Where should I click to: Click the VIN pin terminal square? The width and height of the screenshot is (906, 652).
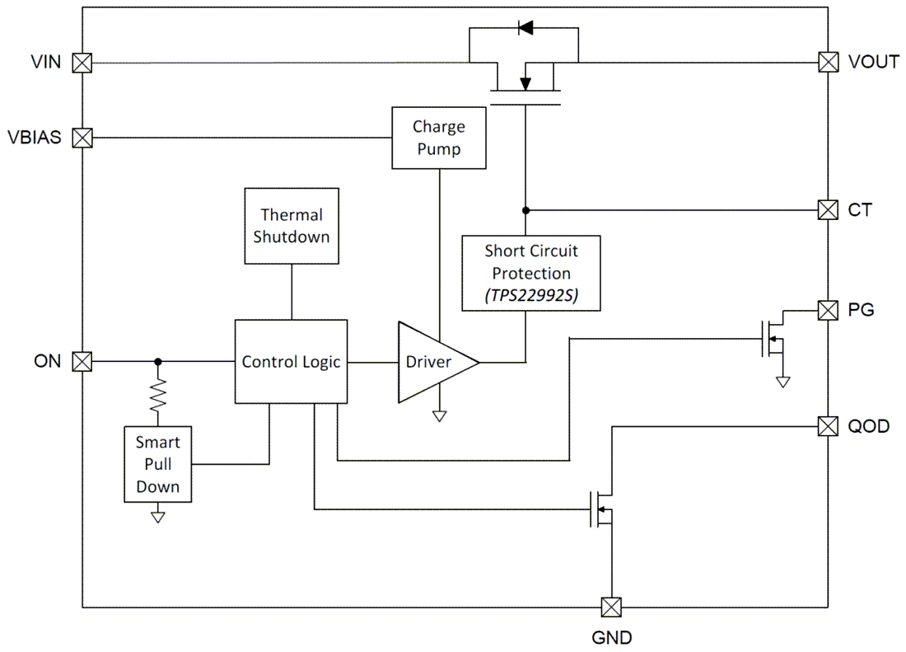82,63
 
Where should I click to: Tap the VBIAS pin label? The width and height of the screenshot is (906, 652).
35,138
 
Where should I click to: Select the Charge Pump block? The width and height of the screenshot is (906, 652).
439,138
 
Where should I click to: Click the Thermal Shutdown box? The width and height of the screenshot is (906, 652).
292,226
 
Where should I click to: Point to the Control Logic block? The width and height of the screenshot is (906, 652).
292,362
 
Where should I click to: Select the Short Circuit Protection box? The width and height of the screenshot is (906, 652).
531,273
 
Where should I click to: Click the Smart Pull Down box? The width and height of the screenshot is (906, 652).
158,464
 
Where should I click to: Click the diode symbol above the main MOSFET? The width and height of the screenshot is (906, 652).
525,28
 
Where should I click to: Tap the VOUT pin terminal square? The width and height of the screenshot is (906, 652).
828,62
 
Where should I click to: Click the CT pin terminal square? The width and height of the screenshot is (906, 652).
828,210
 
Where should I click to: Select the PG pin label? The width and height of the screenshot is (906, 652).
862,311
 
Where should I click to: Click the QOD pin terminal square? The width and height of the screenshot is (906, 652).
828,426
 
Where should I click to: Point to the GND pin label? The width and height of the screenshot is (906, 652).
612,637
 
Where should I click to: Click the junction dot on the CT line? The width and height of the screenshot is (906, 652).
525,210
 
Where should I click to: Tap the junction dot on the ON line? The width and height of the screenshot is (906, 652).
158,361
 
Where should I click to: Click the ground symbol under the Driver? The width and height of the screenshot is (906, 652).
440,415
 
